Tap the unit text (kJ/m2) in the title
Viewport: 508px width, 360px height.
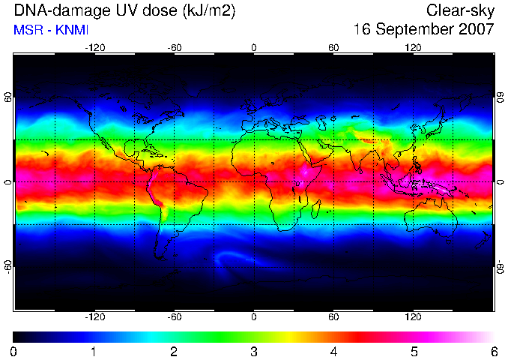pos(208,10)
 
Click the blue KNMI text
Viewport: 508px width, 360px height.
pos(72,30)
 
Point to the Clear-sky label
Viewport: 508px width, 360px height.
pos(460,11)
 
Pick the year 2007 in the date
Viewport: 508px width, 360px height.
pos(477,29)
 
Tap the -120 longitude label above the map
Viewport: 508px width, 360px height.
pos(95,48)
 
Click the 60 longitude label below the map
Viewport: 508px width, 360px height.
pos(333,316)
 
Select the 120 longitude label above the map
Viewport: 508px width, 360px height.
pos(413,48)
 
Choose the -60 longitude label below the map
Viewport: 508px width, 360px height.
pos(175,316)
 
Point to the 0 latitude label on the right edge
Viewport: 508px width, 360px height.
pos(501,182)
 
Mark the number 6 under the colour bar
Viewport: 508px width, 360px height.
pos(494,352)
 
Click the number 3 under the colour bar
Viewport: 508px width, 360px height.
pos(254,352)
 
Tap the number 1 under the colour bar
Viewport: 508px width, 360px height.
pos(94,352)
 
